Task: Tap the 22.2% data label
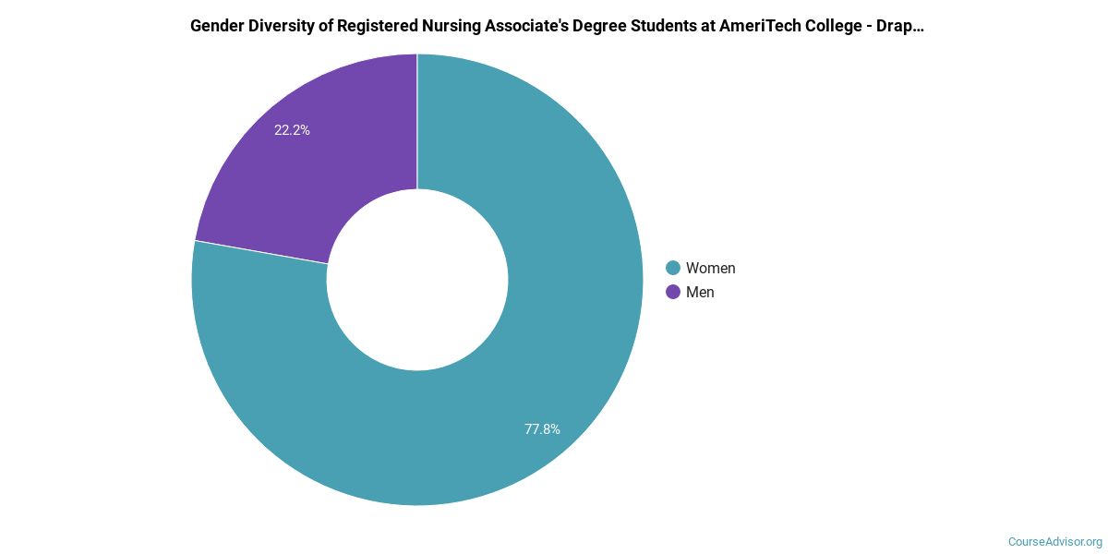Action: [292, 130]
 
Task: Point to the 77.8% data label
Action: [542, 428]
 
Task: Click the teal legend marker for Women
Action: [673, 268]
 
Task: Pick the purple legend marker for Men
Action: [673, 292]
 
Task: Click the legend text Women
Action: [710, 268]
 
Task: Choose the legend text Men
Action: [700, 292]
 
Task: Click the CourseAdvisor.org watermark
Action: [1054, 542]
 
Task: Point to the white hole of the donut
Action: [417, 280]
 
